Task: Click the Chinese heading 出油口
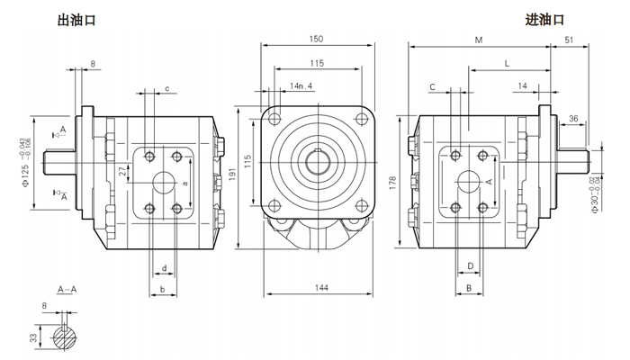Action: (x=76, y=19)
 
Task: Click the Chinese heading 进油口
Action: (x=544, y=19)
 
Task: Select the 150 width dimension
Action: (x=316, y=39)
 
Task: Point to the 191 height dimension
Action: (x=238, y=177)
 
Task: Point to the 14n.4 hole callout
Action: (x=301, y=86)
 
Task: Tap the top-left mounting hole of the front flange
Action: (x=275, y=120)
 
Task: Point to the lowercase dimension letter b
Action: (x=161, y=288)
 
